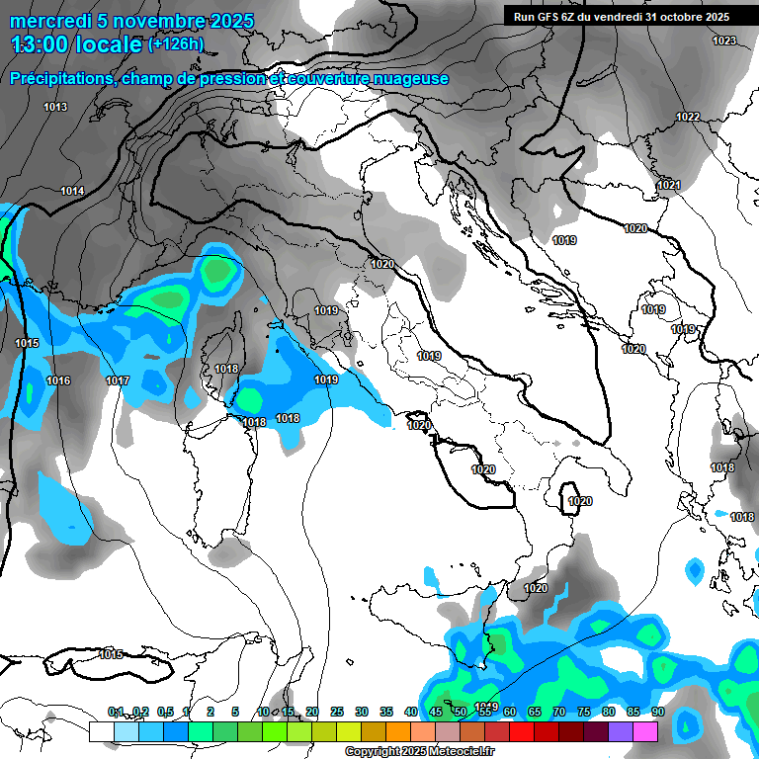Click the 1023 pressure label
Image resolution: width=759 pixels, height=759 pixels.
pyautogui.click(x=724, y=41)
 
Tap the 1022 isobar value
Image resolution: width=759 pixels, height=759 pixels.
pyautogui.click(x=688, y=117)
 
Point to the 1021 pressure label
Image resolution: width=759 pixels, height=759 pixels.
pyautogui.click(x=669, y=185)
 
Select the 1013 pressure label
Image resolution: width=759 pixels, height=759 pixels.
pyautogui.click(x=55, y=107)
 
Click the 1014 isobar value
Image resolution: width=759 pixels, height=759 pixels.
pyautogui.click(x=72, y=191)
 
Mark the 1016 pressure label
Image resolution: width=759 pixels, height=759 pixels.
pyautogui.click(x=58, y=380)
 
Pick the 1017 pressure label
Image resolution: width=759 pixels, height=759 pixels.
pyautogui.click(x=118, y=380)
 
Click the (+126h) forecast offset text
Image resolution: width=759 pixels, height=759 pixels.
pyautogui.click(x=176, y=43)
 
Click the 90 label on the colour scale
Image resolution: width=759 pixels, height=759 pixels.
pyautogui.click(x=657, y=712)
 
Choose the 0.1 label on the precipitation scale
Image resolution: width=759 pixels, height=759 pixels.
pyautogui.click(x=116, y=712)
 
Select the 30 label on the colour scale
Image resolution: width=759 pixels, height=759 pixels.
pyautogui.click(x=362, y=712)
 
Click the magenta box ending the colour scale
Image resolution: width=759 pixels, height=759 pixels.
pyautogui.click(x=645, y=731)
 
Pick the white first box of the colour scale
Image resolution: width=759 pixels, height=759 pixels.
pyautogui.click(x=101, y=731)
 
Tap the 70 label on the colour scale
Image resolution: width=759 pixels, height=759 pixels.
pyautogui.click(x=559, y=712)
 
